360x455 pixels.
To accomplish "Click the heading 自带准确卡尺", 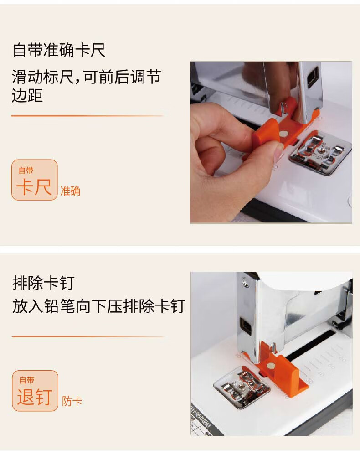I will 59,50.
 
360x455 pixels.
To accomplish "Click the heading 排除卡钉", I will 43,283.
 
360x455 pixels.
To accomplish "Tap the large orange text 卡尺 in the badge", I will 34,187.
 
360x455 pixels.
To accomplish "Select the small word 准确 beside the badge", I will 70,191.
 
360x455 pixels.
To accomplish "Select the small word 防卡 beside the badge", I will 72,402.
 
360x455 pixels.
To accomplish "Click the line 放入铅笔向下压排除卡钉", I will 98,306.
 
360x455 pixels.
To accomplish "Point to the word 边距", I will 27,96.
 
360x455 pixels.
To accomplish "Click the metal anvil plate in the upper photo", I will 320,152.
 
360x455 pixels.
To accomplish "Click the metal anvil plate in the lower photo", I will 242,387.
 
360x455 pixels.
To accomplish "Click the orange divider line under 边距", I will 87,116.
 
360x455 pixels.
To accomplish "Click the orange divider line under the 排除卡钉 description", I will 87,336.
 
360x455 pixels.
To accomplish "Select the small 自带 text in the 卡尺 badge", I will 26,171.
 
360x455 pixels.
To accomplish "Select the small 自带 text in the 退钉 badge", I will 26,380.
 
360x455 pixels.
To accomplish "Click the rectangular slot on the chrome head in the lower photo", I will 246,326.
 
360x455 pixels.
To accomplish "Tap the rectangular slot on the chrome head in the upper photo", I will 313,77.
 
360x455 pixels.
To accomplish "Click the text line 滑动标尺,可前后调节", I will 86,77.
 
